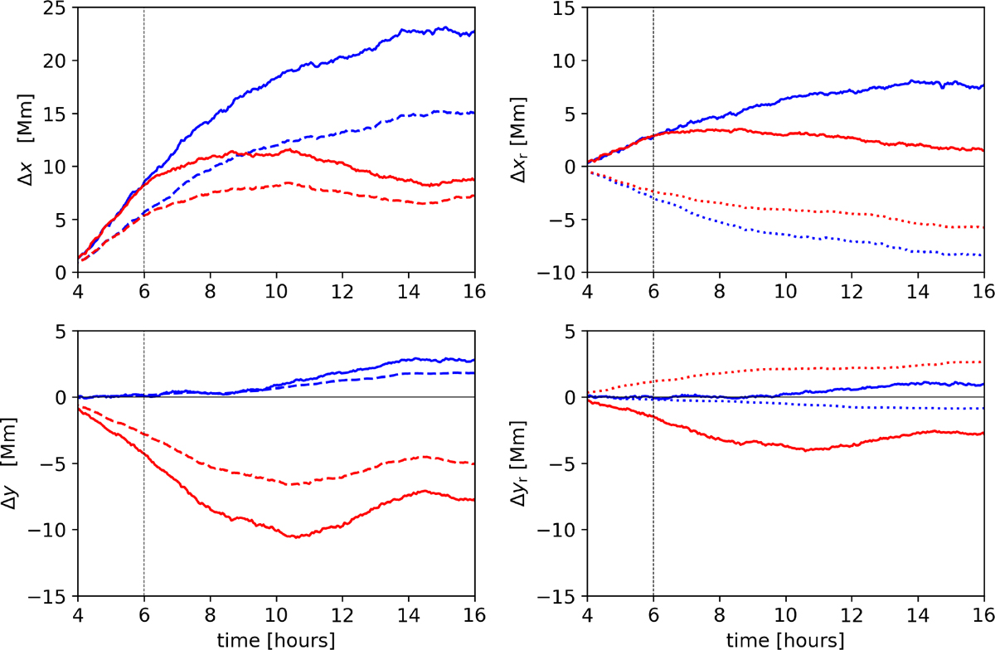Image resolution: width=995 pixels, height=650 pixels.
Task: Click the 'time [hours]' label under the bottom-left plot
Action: click(x=276, y=639)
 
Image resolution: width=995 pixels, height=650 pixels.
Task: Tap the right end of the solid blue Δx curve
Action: click(x=474, y=33)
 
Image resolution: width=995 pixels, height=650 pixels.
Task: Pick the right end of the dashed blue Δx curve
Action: click(x=474, y=113)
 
